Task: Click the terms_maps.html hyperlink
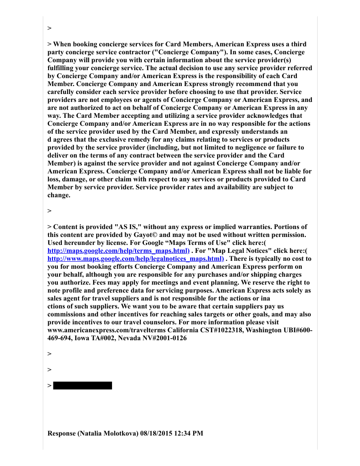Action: click(118, 250)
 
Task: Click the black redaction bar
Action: click(82, 386)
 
